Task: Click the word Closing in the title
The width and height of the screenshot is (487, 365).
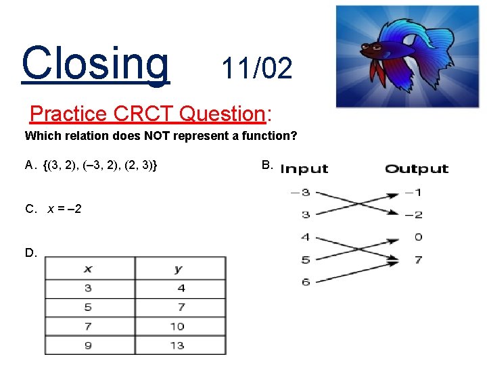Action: pyautogui.click(x=95, y=62)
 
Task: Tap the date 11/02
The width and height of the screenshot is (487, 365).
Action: pyautogui.click(x=257, y=68)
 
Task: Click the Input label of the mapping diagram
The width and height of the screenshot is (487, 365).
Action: pyautogui.click(x=304, y=169)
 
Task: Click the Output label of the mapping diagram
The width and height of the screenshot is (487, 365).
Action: pyautogui.click(x=417, y=169)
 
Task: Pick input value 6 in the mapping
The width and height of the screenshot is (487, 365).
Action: pyautogui.click(x=306, y=282)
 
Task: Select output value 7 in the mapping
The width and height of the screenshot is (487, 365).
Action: pyautogui.click(x=418, y=260)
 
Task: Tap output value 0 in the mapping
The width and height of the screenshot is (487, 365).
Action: pyautogui.click(x=418, y=237)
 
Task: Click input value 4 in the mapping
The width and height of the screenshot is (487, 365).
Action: pyautogui.click(x=306, y=237)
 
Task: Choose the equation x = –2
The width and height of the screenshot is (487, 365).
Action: pyautogui.click(x=64, y=209)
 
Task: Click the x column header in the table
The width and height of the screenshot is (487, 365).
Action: pyautogui.click(x=89, y=269)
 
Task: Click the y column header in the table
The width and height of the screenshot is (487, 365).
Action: pyautogui.click(x=179, y=269)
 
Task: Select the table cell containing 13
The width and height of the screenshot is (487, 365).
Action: pyautogui.click(x=179, y=345)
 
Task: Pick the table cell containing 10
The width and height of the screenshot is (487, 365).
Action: pyautogui.click(x=179, y=326)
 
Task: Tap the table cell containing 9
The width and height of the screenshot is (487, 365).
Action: pyautogui.click(x=89, y=345)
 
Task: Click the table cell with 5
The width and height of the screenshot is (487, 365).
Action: pyautogui.click(x=89, y=308)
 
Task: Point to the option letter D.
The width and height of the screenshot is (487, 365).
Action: pyautogui.click(x=30, y=253)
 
